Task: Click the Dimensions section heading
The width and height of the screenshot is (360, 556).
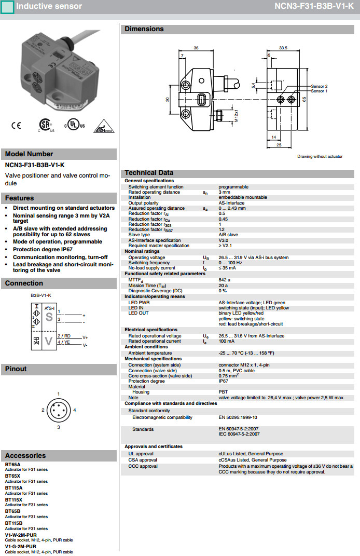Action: (144, 29)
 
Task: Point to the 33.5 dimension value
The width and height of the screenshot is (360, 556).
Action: (283, 48)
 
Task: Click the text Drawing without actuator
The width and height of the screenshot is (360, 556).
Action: (320, 156)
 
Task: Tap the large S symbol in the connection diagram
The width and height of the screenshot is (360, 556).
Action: (49, 318)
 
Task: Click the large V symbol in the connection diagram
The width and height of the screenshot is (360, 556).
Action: (49, 341)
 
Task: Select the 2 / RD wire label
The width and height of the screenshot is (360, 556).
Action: (64, 336)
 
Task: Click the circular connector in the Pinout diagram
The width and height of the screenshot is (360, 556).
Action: (58, 411)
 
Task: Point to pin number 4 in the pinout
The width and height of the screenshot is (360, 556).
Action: (75, 410)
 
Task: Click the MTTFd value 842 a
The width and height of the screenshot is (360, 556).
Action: (225, 280)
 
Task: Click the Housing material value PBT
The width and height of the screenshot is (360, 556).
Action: (223, 392)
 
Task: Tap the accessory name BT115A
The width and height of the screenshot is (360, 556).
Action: (14, 488)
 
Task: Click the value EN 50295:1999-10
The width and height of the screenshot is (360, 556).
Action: (238, 417)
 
